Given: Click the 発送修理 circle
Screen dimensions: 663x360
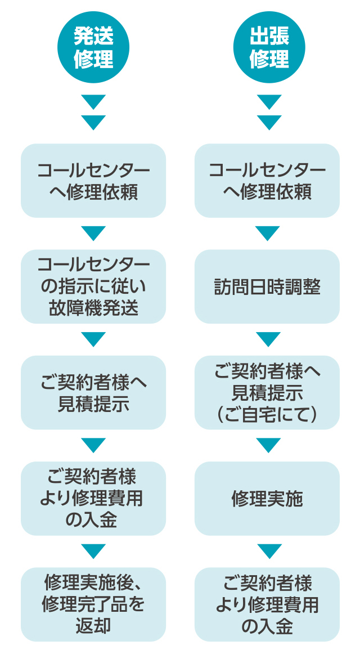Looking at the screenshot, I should pos(93,47).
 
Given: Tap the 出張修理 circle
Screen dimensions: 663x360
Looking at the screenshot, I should pos(269,47).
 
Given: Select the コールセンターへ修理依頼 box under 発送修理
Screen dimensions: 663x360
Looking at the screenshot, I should pos(93,181).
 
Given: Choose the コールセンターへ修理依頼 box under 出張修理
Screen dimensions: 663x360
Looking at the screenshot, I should pos(267,181).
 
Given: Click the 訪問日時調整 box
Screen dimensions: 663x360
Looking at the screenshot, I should pos(267,287).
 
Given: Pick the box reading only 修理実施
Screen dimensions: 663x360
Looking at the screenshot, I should pos(267,499).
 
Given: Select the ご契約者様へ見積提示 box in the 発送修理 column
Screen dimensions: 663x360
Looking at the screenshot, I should pos(93,393).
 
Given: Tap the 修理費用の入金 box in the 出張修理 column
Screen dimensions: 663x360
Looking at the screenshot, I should pos(267,604).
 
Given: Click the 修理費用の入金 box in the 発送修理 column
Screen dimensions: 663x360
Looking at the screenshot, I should pos(93,499).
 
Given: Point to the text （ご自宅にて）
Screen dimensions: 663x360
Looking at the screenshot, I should pos(267,414).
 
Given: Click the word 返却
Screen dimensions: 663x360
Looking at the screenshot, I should pos(93,626).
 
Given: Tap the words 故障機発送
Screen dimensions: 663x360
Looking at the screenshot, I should pos(93,308).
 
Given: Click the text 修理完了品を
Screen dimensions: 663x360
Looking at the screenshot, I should pos(93,604).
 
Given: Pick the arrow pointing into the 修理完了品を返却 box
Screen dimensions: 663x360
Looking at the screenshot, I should pos(93,551).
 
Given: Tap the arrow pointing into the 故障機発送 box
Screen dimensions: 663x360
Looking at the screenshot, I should pos(93,233).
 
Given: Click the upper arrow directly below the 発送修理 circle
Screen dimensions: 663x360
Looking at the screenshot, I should pos(93,102).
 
